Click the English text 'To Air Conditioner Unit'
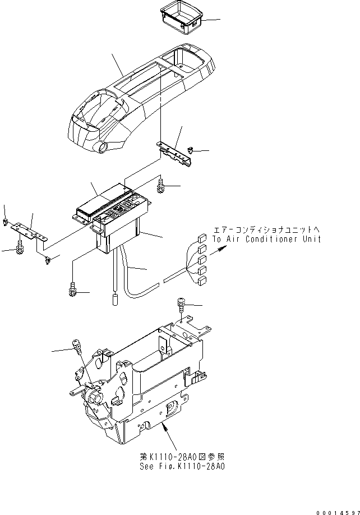click(x=267, y=240)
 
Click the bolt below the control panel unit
click(x=72, y=288)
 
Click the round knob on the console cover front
click(x=102, y=149)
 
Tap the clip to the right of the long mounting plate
click(x=192, y=150)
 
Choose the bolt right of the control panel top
click(x=161, y=185)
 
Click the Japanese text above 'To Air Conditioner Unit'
click(x=267, y=229)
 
